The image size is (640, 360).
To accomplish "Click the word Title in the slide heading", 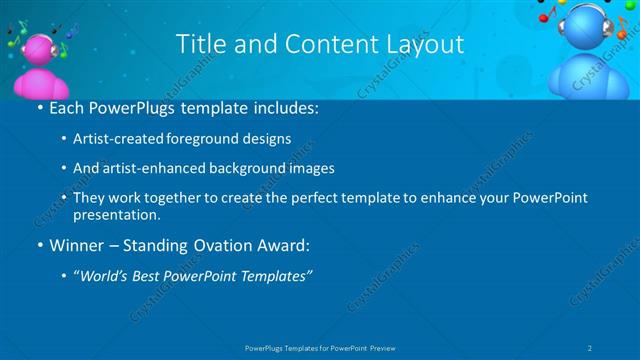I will [200, 44].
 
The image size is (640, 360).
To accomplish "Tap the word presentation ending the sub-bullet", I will [115, 214].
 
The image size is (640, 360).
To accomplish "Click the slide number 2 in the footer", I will [591, 348].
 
